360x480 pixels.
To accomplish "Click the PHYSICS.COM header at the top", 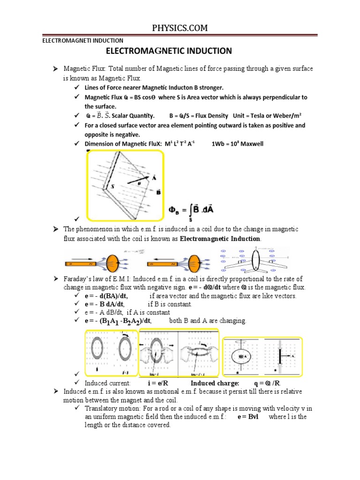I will click(x=180, y=29).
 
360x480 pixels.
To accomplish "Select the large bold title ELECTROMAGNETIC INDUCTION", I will click(x=169, y=51).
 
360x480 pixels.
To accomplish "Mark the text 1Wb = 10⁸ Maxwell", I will click(x=238, y=143).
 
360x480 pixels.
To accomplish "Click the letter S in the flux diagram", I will click(x=113, y=186).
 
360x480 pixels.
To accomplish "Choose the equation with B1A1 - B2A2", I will click(x=118, y=321).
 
